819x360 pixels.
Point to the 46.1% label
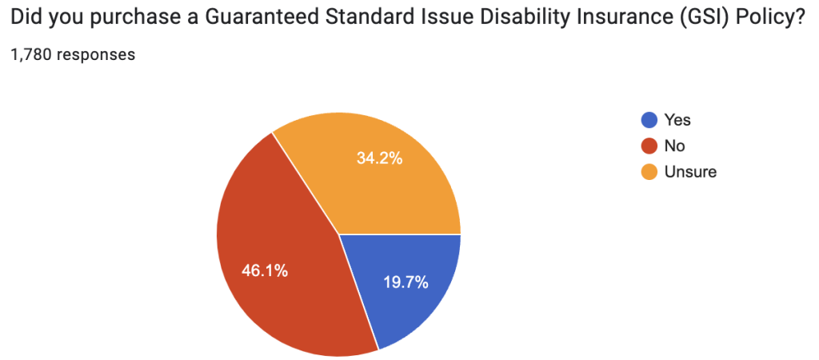[265, 270]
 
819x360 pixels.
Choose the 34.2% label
[379, 158]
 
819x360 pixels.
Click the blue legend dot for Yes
[649, 121]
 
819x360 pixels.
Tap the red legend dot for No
[649, 146]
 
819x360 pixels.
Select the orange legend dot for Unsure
[649, 172]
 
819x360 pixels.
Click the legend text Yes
[677, 121]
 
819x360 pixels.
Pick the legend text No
[675, 146]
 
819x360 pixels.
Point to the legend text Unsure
[690, 172]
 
